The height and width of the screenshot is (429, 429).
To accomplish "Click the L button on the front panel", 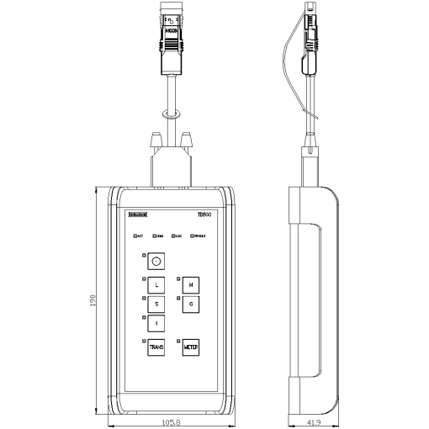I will click(x=156, y=285).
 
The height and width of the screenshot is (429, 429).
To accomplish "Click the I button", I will click(x=156, y=323).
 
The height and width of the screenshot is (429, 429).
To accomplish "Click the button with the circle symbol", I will click(x=156, y=262).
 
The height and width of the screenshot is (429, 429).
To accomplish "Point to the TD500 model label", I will click(x=204, y=214).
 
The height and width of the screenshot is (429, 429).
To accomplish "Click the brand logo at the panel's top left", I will click(x=137, y=214).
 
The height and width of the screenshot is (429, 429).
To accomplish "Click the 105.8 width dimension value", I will click(x=172, y=422).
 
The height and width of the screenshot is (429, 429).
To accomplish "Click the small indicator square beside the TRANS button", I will click(x=144, y=340).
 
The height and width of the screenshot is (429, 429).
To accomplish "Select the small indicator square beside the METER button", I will click(x=178, y=340).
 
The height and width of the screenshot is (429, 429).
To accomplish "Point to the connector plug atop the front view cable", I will click(x=172, y=34).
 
